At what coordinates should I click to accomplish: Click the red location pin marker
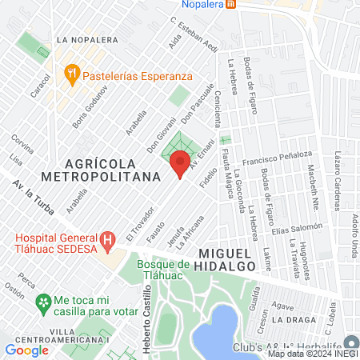pos(180,164)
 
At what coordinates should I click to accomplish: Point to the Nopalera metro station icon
pos(230,4)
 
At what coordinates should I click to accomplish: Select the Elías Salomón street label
pos(297,229)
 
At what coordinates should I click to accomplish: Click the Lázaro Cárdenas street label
pos(341,174)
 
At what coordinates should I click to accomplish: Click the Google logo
pos(26,350)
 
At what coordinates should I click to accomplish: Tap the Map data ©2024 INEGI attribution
pos(313,354)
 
